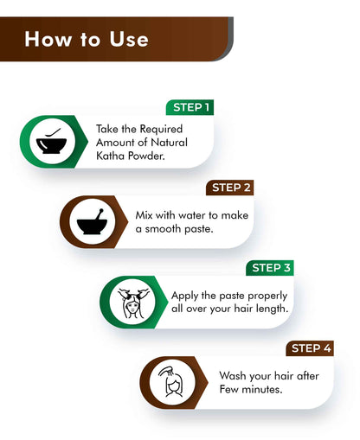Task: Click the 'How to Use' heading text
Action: tap(87, 39)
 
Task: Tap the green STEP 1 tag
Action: tap(190, 107)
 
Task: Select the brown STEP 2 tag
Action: tap(230, 188)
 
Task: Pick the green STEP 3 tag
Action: tap(270, 268)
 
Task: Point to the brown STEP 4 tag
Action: tap(310, 348)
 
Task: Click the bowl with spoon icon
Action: tap(51, 142)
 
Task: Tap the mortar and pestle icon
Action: tap(92, 221)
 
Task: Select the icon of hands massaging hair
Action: tap(132, 303)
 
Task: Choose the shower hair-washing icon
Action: tap(170, 382)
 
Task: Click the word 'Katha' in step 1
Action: tap(111, 156)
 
